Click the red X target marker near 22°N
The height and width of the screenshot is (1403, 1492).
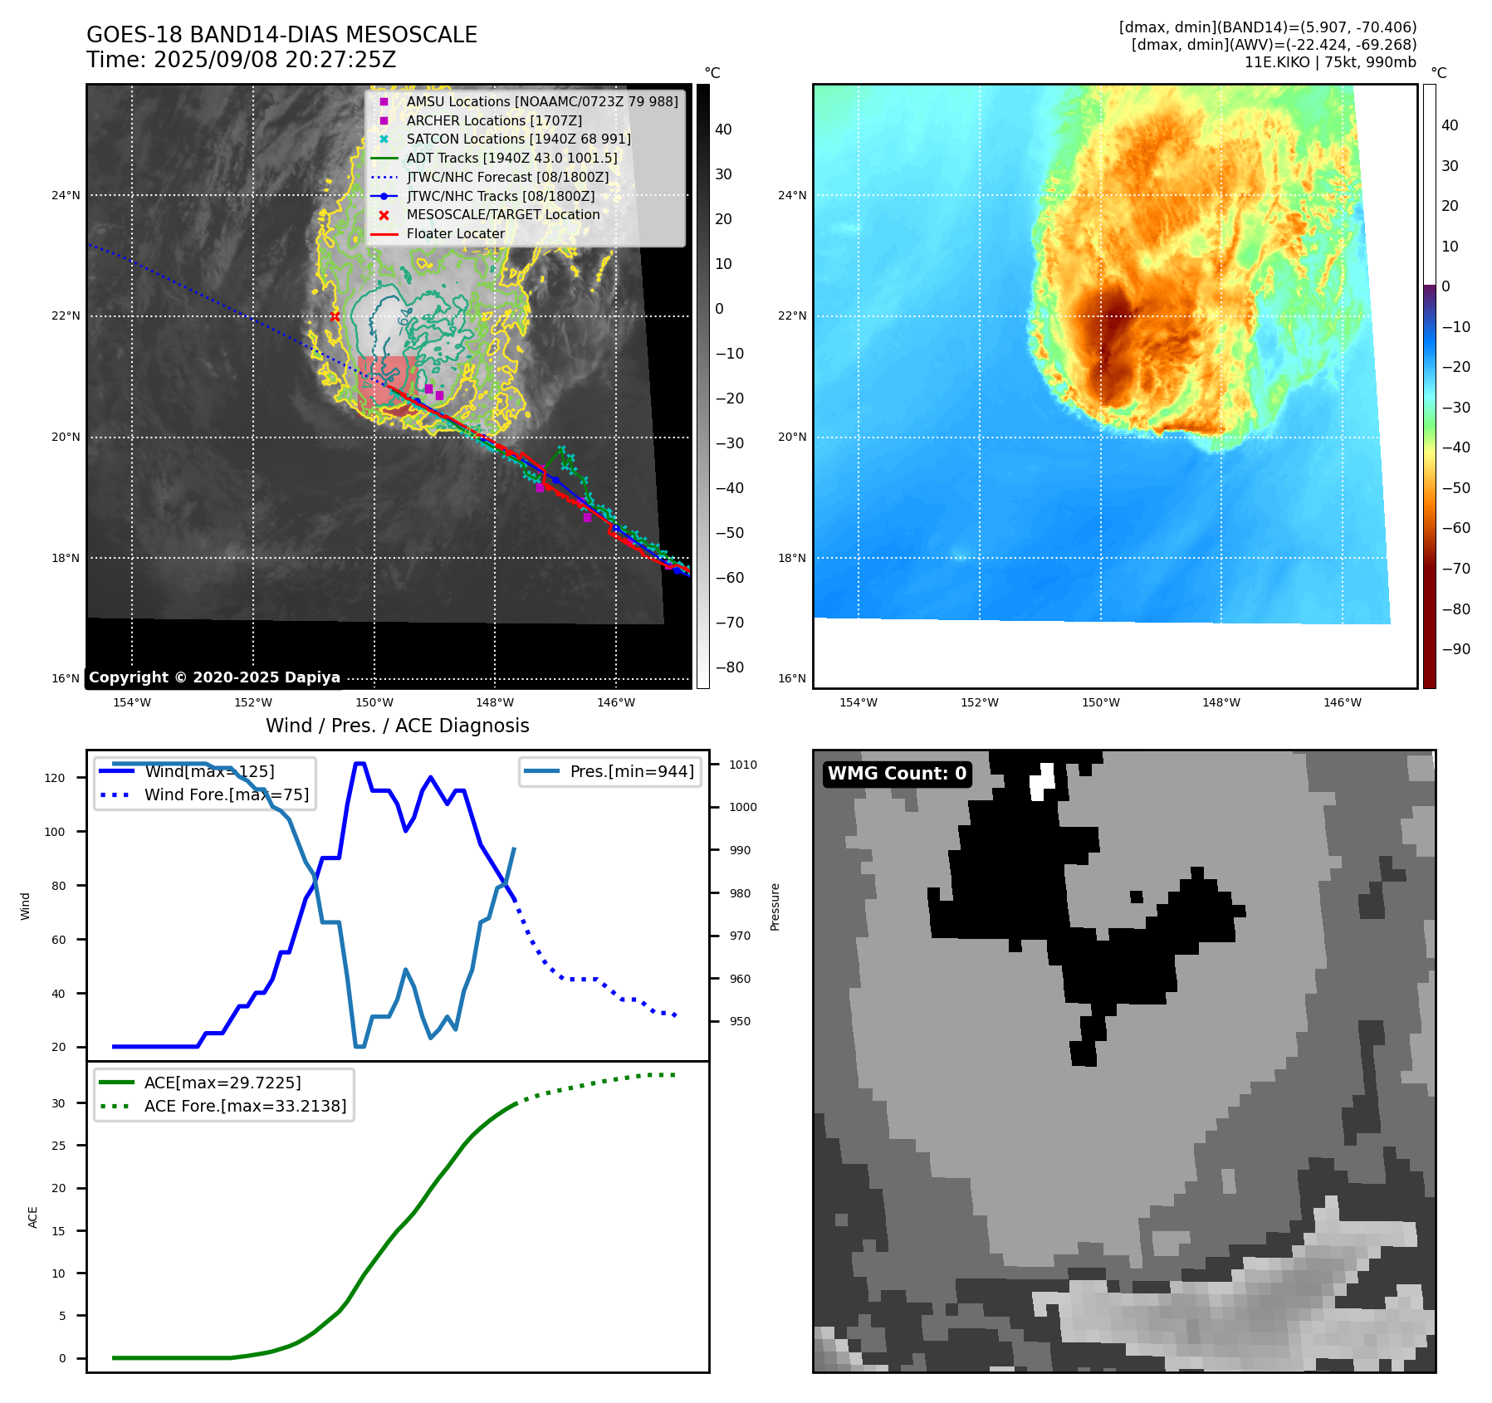coord(335,316)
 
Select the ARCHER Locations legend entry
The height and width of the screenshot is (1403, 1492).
coord(493,120)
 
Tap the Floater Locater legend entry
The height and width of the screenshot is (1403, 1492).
coord(455,234)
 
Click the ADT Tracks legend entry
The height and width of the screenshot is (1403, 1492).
coord(511,158)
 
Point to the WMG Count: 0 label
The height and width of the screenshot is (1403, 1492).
coord(897,774)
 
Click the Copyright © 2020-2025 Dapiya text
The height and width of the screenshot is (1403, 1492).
coord(214,677)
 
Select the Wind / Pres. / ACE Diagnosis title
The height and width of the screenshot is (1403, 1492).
coord(397,726)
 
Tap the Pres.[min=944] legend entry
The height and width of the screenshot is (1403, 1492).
coord(631,771)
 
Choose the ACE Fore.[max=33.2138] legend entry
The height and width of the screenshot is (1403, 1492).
coord(245,1106)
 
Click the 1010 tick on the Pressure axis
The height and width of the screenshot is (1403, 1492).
coord(743,765)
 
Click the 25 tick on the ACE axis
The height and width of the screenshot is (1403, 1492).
coord(58,1146)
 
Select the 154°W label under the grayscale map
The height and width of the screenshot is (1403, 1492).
coord(132,702)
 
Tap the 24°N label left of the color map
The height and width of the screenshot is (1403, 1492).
coord(791,196)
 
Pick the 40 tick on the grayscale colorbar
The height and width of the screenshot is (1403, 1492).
coord(723,130)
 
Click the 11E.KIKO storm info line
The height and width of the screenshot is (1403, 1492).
coord(1329,62)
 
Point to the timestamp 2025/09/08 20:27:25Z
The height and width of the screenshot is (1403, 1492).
coord(274,61)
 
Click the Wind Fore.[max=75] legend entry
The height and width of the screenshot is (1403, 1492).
coord(226,794)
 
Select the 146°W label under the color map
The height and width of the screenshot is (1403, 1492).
coord(1342,702)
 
